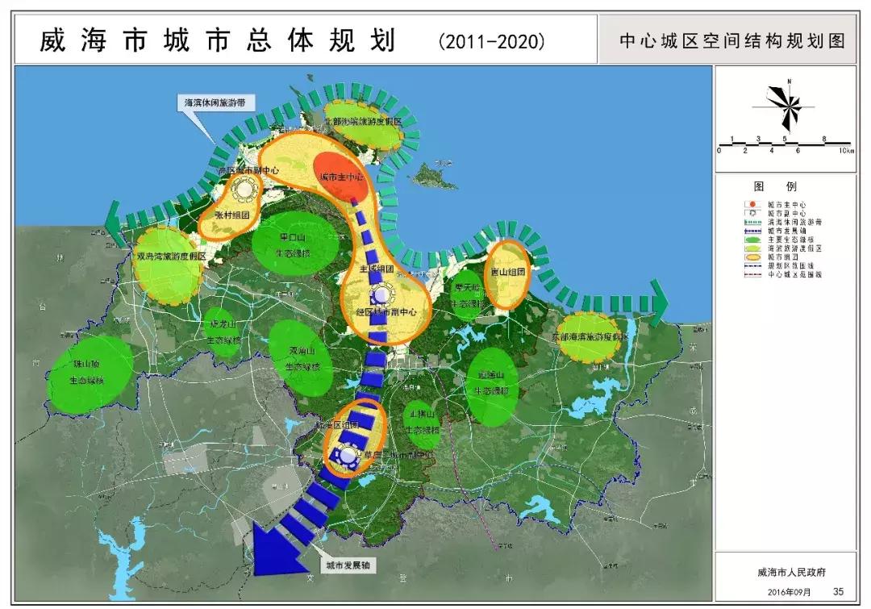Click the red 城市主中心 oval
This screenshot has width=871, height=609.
[x=342, y=176]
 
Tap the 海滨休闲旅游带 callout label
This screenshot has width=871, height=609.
[x=214, y=103]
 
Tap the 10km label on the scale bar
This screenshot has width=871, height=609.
[x=845, y=151]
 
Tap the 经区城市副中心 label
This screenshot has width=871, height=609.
[x=385, y=311]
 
